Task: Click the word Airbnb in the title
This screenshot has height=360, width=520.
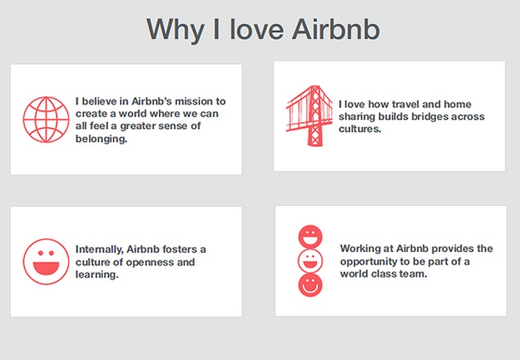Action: pos(336,29)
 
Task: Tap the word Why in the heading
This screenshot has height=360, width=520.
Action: pos(175,30)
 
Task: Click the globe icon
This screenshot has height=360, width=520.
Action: pos(46,120)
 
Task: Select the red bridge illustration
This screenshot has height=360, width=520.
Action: pos(309,116)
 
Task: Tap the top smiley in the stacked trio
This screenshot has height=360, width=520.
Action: pos(311,237)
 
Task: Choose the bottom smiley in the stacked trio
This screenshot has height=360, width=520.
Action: pos(311,285)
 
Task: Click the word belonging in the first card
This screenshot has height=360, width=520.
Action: pos(101,139)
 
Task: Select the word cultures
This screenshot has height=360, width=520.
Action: pos(360,129)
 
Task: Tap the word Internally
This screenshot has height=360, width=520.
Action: pos(99,249)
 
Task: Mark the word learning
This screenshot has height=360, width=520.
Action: pos(97,275)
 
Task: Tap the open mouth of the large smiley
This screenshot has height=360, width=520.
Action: pos(46,268)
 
